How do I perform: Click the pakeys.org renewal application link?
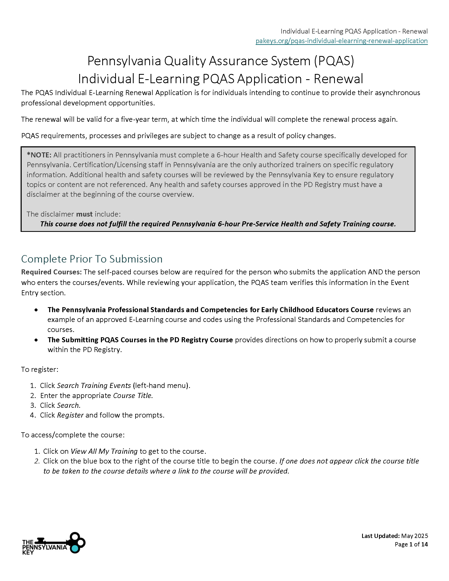[x=341, y=41]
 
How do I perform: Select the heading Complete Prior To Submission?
[x=92, y=259]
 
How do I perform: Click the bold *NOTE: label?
[x=39, y=155]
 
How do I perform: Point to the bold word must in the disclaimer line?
[x=84, y=214]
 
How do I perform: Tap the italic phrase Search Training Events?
[x=94, y=386]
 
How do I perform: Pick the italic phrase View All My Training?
[x=104, y=451]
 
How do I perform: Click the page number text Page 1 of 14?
[x=411, y=544]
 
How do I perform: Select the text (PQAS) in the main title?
[x=334, y=61]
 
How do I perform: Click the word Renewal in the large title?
[x=338, y=79]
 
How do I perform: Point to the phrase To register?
[x=40, y=369]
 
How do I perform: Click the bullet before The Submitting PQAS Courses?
[x=36, y=340]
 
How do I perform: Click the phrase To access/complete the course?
[x=73, y=435]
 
